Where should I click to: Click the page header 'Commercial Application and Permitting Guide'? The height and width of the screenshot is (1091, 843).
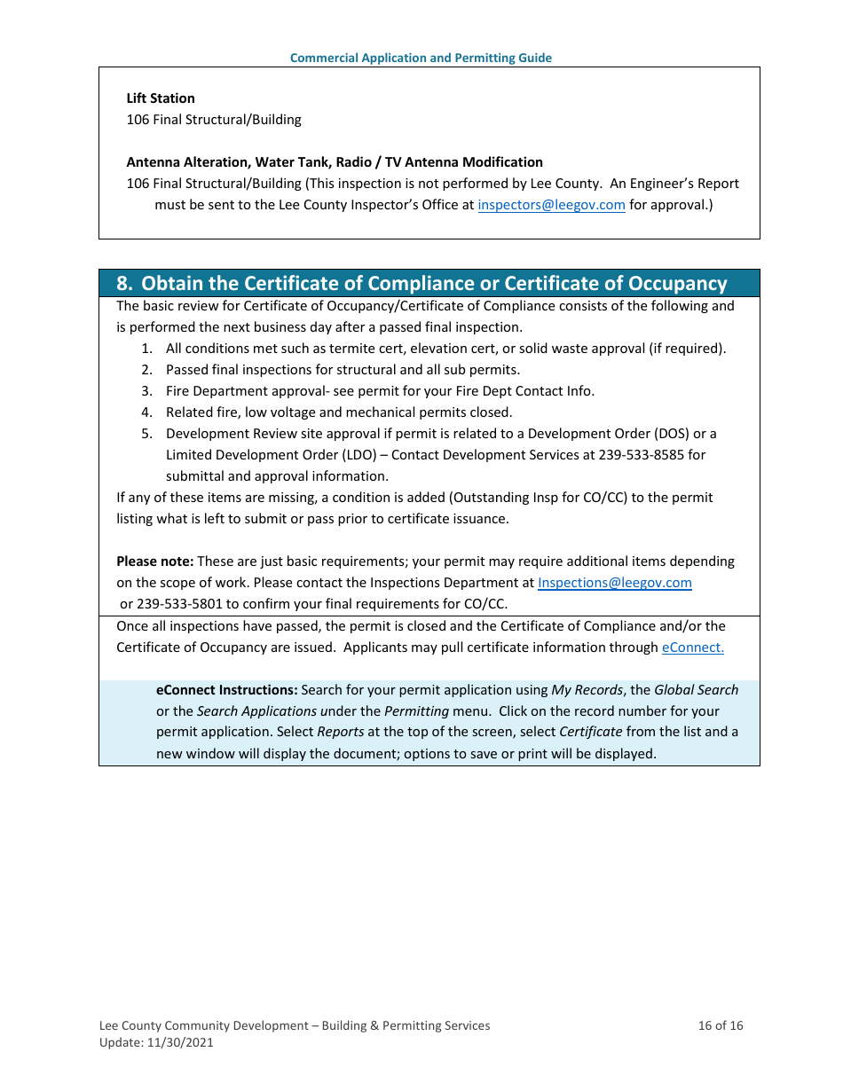[x=421, y=58]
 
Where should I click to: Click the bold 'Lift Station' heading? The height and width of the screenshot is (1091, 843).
[x=161, y=98]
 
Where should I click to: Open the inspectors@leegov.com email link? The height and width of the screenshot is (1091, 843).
[x=551, y=205]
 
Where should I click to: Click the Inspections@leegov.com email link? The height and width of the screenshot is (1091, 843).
[x=614, y=583]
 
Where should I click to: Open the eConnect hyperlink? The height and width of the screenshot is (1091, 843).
[x=692, y=648]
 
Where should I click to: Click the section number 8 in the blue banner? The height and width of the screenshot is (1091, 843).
[x=124, y=284]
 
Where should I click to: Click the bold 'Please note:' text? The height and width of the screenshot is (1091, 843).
[x=154, y=561]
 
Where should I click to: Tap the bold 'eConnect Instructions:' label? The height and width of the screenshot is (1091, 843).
[x=226, y=690]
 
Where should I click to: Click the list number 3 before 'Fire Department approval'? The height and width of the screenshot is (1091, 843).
[x=146, y=391]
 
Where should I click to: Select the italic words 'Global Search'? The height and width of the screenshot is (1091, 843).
[x=696, y=690]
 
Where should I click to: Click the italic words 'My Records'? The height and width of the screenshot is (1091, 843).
[x=587, y=690]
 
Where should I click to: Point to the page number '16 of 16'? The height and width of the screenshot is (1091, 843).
[x=720, y=1025]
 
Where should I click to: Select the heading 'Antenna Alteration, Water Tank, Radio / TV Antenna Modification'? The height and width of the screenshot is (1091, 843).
[x=335, y=162]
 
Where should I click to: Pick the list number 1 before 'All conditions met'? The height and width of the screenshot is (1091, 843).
[x=146, y=349]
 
